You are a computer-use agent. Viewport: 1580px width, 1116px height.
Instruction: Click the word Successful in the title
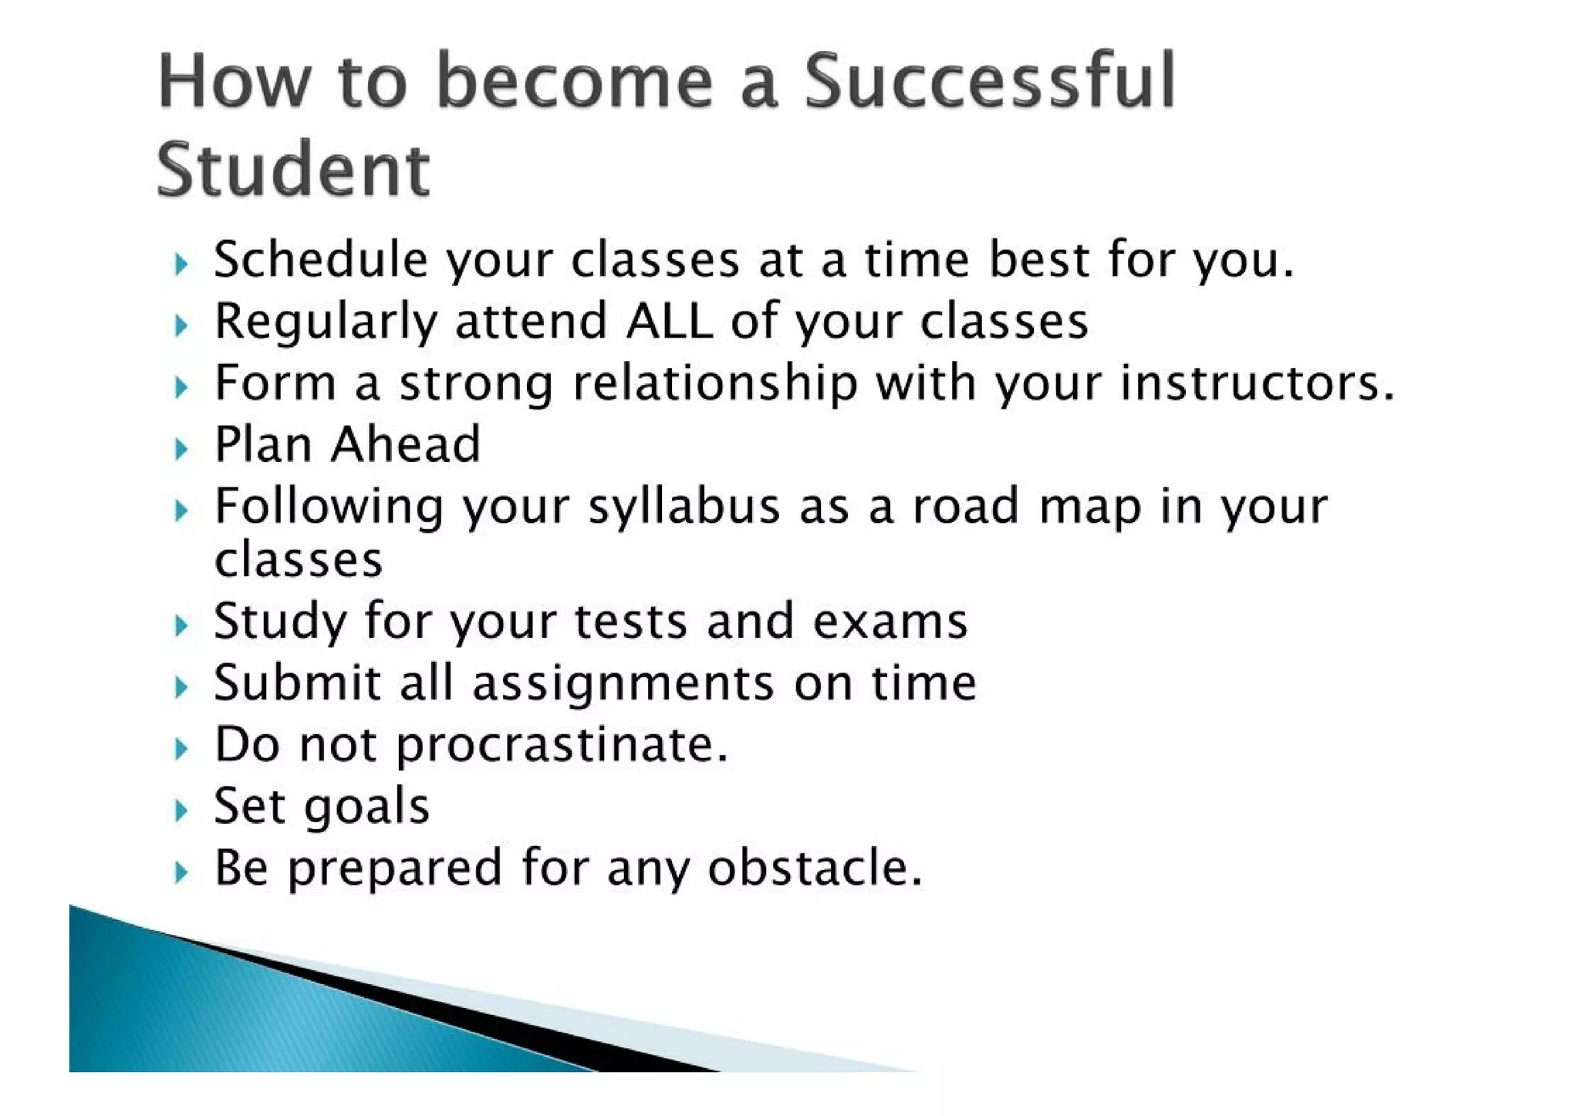tap(989, 81)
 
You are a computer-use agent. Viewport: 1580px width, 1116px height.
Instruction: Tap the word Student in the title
tap(293, 170)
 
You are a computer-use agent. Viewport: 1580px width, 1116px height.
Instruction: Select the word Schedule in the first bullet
tap(320, 260)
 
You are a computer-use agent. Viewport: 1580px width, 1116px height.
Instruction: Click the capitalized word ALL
tap(669, 321)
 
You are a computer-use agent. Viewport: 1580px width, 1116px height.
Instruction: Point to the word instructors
tap(1257, 383)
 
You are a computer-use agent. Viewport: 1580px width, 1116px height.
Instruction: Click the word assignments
tap(623, 684)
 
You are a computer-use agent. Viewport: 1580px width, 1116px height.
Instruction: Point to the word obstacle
tap(815, 868)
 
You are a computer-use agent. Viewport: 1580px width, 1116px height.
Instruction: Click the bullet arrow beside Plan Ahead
tap(181, 448)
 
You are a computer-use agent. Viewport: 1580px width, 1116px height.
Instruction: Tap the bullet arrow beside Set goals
tap(181, 811)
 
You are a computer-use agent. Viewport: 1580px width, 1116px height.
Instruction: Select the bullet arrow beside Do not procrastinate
tap(181, 748)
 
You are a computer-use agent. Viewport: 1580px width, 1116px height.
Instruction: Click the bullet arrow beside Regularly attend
tap(181, 325)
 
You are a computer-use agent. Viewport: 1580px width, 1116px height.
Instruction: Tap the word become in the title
tap(574, 81)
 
